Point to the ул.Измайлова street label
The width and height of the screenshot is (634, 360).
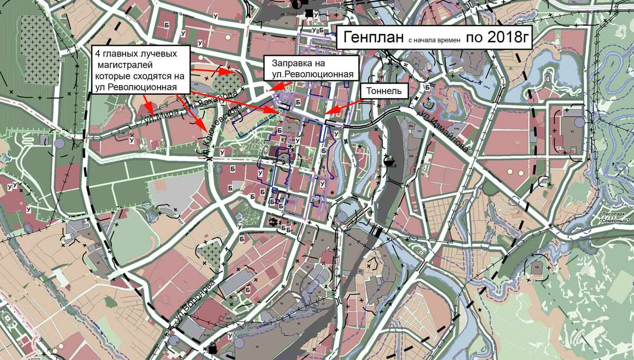(x=443, y=128)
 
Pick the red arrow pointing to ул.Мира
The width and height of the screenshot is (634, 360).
(x=153, y=112)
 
